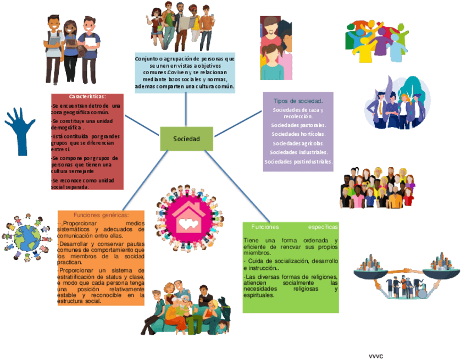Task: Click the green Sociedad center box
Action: (x=186, y=139)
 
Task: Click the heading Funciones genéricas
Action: (x=101, y=215)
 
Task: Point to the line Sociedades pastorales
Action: (x=298, y=126)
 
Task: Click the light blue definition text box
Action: (x=185, y=73)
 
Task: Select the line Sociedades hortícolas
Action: (x=298, y=134)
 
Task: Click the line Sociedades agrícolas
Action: (x=298, y=143)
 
